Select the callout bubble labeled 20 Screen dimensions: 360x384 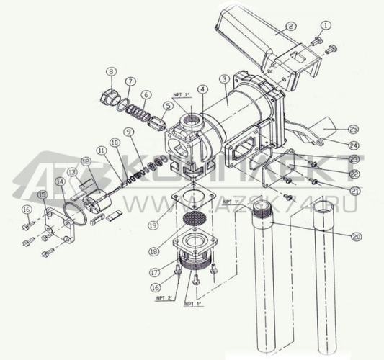click(357, 236)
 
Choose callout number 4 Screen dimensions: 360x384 click(203, 90)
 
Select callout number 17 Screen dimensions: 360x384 click(154, 272)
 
